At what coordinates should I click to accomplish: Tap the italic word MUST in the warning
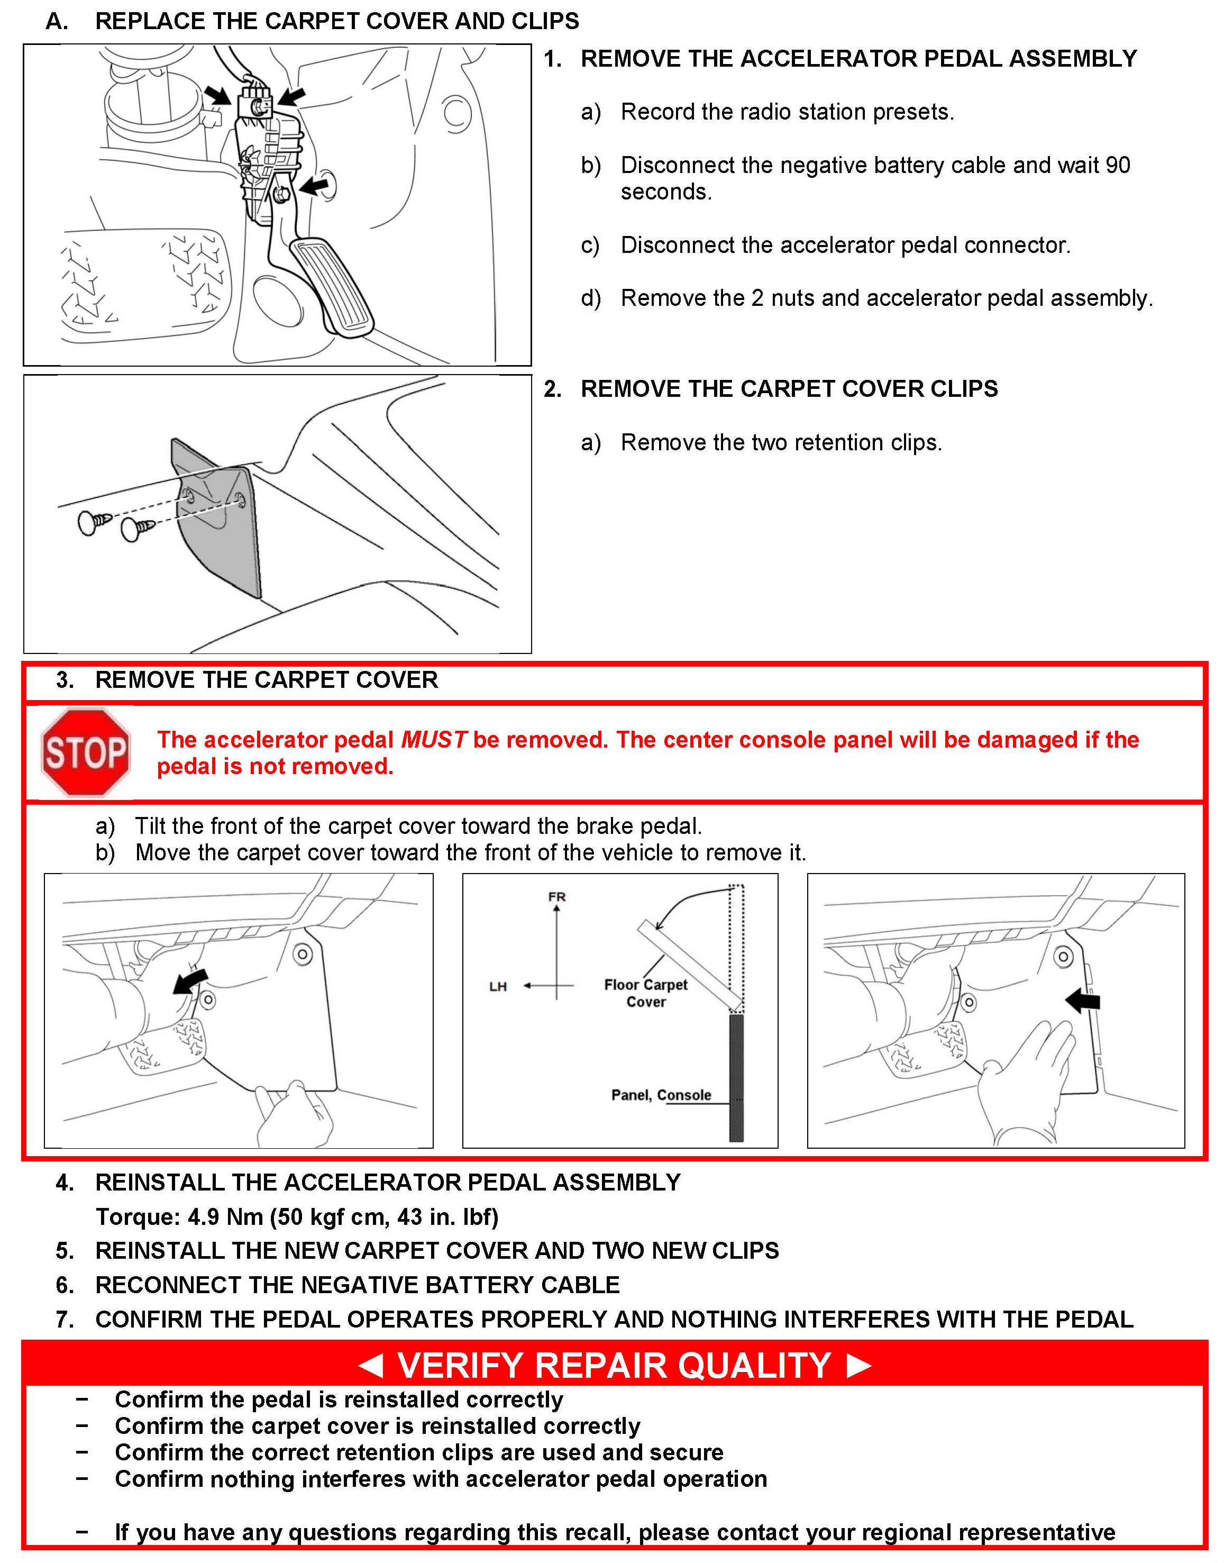pos(434,740)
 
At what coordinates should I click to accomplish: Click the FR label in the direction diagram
pos(557,896)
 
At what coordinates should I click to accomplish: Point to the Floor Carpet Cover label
pos(646,993)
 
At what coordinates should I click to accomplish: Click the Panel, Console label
pos(661,1095)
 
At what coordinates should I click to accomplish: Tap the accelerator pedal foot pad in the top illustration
pos(335,287)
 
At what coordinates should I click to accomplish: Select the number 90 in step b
pos(1117,166)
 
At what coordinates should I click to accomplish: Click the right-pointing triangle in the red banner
pos(858,1365)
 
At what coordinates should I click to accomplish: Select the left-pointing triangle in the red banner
pos(370,1365)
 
